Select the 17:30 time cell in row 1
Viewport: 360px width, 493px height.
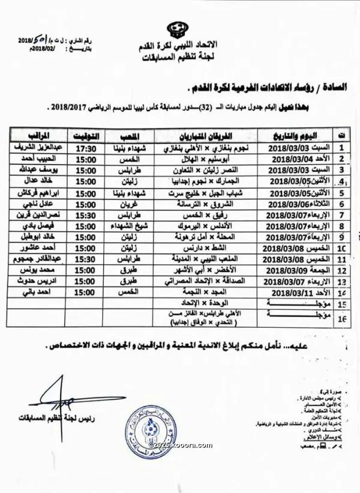[87, 145]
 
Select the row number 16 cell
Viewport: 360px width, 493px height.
[341, 319]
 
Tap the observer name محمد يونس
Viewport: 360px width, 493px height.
[35, 270]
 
